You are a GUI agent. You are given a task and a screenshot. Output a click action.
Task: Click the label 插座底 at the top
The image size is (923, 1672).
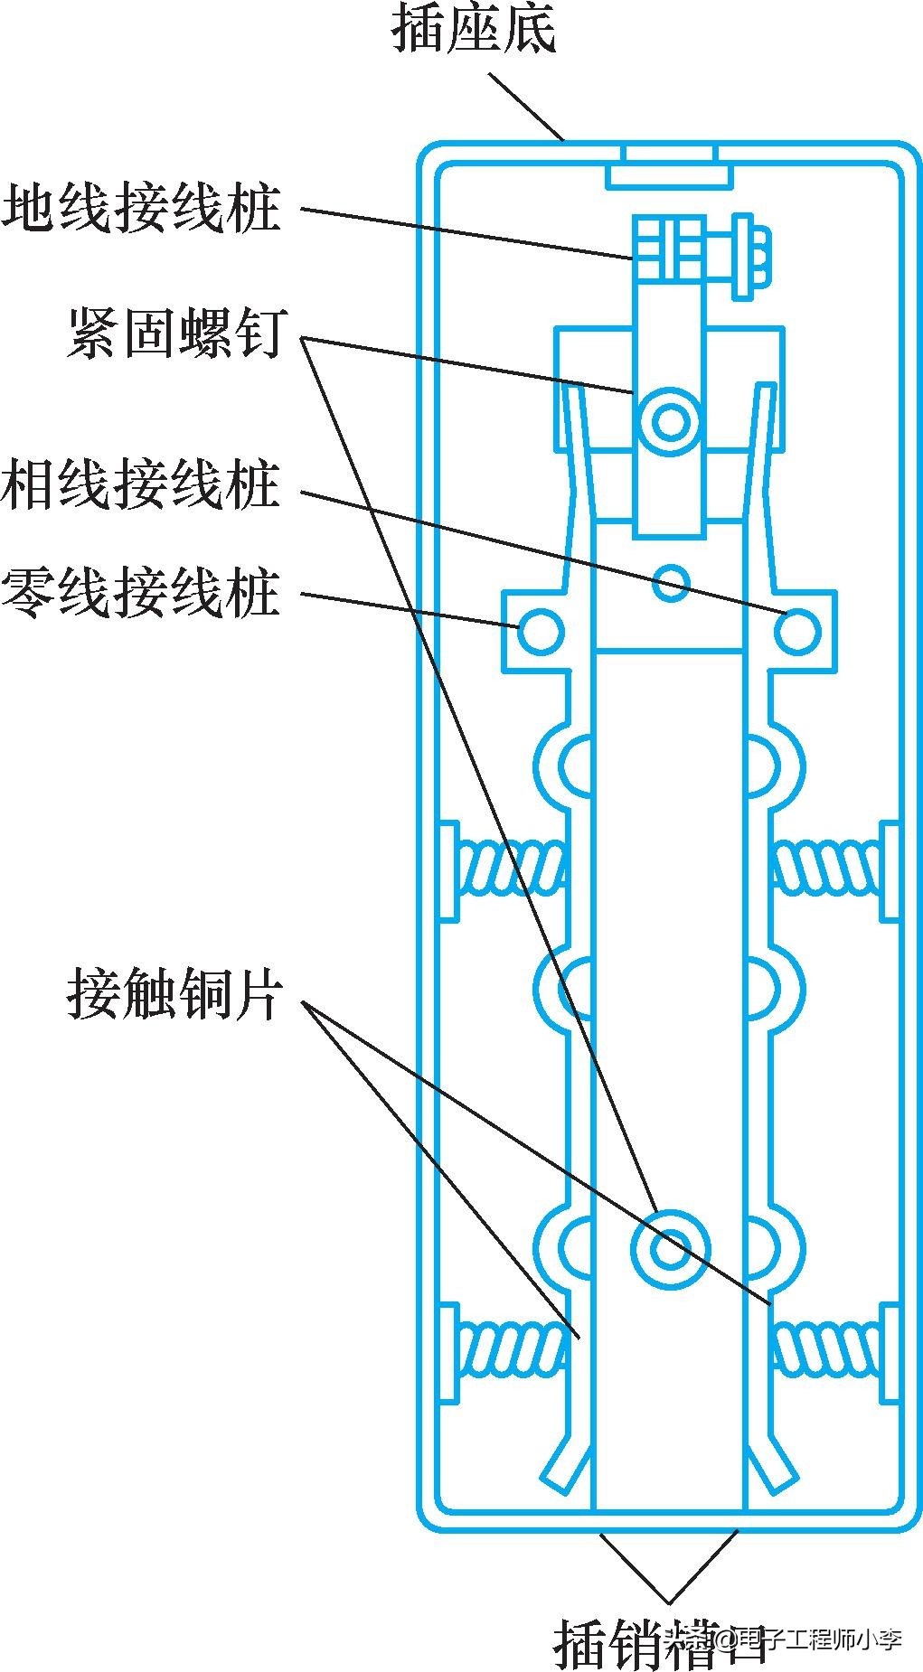(x=473, y=29)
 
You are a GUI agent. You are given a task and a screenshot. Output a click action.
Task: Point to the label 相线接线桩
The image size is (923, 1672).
(x=141, y=486)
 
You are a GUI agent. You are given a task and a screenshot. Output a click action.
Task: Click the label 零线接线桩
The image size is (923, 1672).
(x=141, y=593)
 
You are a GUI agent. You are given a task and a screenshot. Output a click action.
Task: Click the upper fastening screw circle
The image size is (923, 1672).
(x=670, y=420)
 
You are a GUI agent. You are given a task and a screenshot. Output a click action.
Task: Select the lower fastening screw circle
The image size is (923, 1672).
(x=670, y=1250)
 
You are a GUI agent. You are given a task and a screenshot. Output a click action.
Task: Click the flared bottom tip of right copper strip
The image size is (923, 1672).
(x=774, y=1464)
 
